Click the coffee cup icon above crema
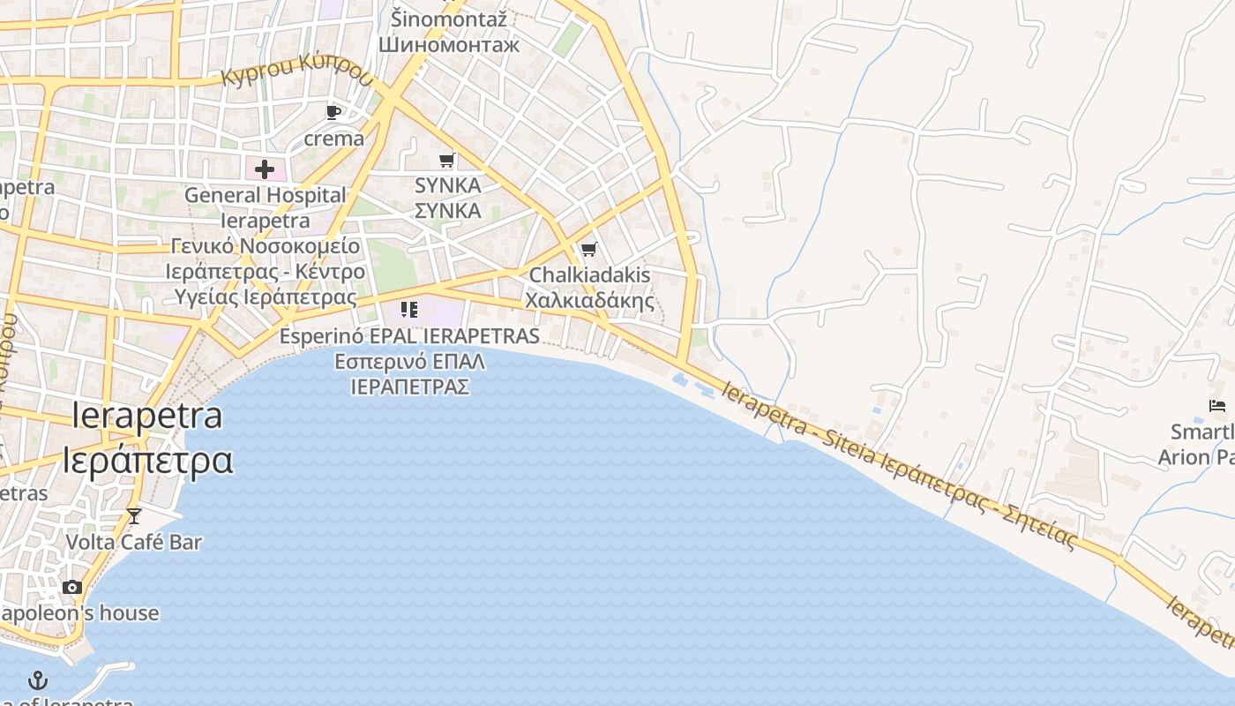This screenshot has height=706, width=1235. (333, 112)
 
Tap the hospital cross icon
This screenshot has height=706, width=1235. (264, 169)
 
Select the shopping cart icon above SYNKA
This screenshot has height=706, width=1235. (447, 160)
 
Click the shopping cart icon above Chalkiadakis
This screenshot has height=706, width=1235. (589, 249)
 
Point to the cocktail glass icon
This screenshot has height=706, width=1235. (134, 515)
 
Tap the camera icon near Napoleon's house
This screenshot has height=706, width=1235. (72, 587)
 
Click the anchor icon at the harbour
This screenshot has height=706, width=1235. (38, 680)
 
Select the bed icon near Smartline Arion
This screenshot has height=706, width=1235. (1217, 406)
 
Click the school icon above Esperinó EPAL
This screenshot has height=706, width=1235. (408, 309)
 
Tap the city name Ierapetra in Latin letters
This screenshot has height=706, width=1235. (147, 415)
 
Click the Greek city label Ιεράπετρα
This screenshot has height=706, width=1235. (147, 460)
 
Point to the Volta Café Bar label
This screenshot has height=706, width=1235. (134, 542)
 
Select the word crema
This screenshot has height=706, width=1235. (333, 139)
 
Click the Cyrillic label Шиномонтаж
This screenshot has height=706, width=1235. (449, 44)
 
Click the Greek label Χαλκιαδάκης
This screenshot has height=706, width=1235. (590, 300)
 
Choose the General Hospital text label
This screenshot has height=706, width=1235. (265, 195)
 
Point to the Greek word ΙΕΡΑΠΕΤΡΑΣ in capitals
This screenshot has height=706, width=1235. (409, 387)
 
